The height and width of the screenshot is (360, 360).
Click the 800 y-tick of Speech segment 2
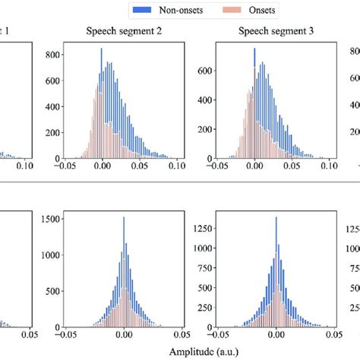pos(53,55)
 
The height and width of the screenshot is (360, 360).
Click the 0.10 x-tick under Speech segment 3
pos(327,165)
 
